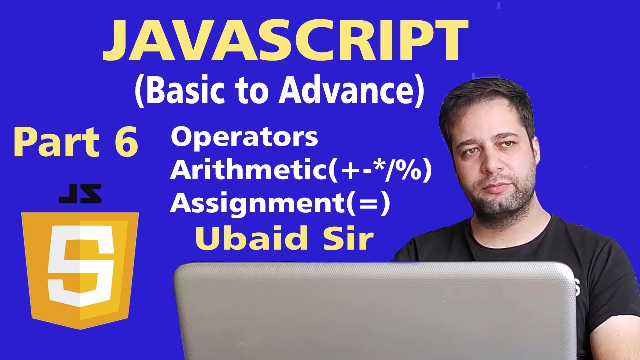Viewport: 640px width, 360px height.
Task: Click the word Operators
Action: click(244, 138)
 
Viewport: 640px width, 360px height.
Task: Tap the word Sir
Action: click(350, 239)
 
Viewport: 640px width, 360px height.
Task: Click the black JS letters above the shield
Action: click(80, 194)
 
